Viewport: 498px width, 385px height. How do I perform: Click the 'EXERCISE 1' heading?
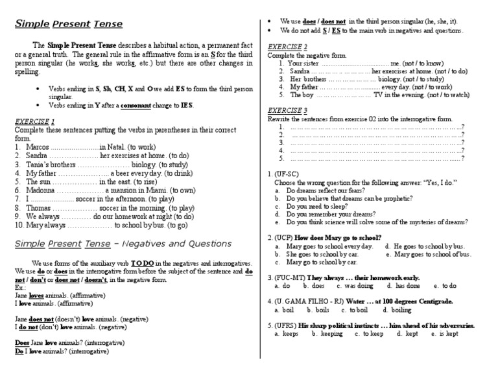click(x=35, y=121)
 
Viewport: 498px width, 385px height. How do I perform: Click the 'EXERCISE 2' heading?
click(x=288, y=47)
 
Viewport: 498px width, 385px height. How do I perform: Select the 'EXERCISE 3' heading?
click(x=288, y=111)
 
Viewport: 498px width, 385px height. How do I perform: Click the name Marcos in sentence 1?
click(x=38, y=148)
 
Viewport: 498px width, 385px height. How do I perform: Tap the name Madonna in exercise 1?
click(x=41, y=191)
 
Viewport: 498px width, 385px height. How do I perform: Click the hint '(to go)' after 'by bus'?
click(x=177, y=225)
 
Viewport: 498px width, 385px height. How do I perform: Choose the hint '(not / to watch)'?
click(x=445, y=95)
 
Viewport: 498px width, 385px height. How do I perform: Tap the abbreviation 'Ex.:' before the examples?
click(x=21, y=286)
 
